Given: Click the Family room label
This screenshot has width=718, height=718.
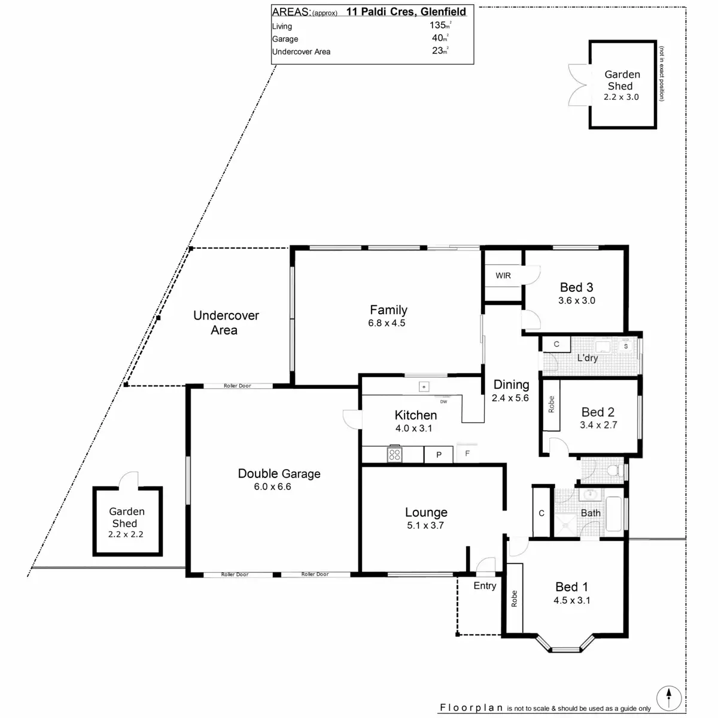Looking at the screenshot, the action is [x=388, y=310].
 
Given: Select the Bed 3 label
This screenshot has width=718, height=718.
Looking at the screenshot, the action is [x=576, y=287].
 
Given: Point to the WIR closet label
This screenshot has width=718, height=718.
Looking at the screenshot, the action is [x=503, y=276].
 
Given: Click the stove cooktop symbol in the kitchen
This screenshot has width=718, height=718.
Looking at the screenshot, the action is [x=394, y=455].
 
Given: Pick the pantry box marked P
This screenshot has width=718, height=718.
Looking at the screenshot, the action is [x=439, y=455].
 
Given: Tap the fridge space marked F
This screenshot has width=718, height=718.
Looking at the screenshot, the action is [x=467, y=454].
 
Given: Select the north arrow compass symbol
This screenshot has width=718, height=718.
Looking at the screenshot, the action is [x=668, y=698].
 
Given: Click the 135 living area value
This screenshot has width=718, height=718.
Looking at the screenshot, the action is [x=438, y=25].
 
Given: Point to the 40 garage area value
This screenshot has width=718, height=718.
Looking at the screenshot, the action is [x=439, y=38].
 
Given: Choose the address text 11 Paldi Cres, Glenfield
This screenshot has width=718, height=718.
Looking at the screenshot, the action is [x=406, y=11].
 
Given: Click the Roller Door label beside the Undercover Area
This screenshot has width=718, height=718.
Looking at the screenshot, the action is [x=237, y=386].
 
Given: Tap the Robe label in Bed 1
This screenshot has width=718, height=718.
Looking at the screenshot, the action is [x=514, y=599].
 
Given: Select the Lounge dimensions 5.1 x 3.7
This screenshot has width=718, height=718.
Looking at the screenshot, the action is [x=426, y=525].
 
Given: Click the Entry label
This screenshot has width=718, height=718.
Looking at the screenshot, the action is [x=485, y=586].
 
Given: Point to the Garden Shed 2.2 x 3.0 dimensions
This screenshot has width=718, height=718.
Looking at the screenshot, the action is [x=621, y=97].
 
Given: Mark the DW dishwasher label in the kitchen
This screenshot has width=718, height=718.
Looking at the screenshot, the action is [x=443, y=401].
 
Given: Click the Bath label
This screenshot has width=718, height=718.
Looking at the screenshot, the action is [x=591, y=513].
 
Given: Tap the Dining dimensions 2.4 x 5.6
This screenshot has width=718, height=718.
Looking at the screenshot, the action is [x=510, y=398].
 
